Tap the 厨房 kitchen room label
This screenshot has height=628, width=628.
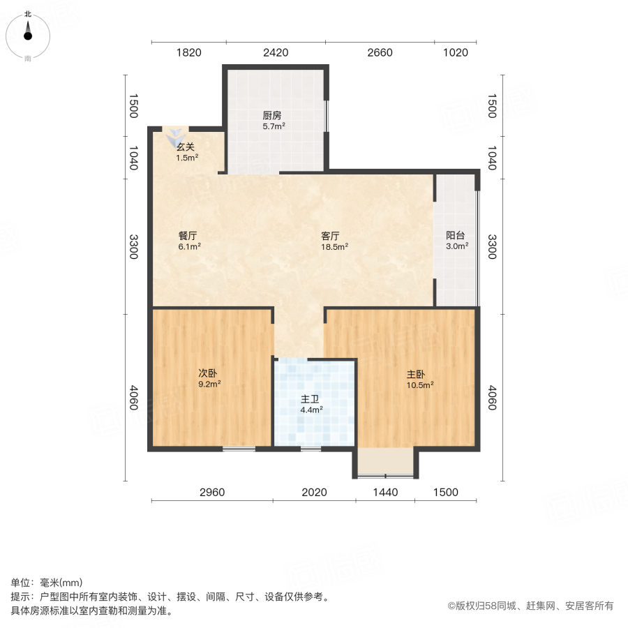273,117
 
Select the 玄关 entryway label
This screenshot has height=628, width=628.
186,147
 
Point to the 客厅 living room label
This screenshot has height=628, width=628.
329,236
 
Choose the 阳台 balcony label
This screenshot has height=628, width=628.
456,236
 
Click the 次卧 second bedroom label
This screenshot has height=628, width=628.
209,373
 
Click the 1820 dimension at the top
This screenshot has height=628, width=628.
188,52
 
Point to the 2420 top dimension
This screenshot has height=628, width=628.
276,52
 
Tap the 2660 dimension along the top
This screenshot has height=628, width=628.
380,52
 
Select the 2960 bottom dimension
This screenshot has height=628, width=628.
212,492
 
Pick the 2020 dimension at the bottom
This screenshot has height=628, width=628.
314,492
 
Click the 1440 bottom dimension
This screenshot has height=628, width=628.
385,492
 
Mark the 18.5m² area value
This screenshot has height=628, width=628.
334,246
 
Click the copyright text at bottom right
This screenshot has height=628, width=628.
530,606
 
